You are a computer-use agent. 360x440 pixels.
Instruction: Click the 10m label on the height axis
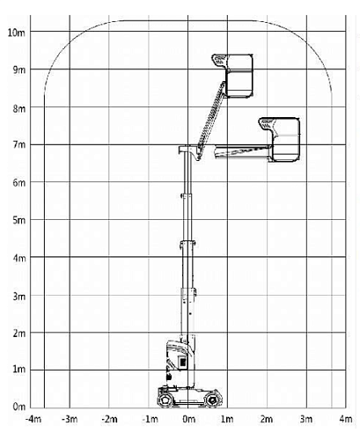coord(17,33)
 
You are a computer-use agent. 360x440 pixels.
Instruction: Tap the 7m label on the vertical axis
coord(19,145)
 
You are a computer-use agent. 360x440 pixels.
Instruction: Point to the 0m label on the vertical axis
coord(19,407)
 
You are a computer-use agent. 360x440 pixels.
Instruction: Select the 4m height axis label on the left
coord(19,259)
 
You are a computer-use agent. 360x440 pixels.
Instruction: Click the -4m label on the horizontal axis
coord(33,419)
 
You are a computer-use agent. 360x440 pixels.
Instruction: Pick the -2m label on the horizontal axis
coord(109,419)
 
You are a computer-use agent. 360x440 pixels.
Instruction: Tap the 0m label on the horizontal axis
coord(188,419)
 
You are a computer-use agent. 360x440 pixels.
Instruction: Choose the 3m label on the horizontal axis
coord(306,419)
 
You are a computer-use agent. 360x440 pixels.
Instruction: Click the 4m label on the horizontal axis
coord(346,419)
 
